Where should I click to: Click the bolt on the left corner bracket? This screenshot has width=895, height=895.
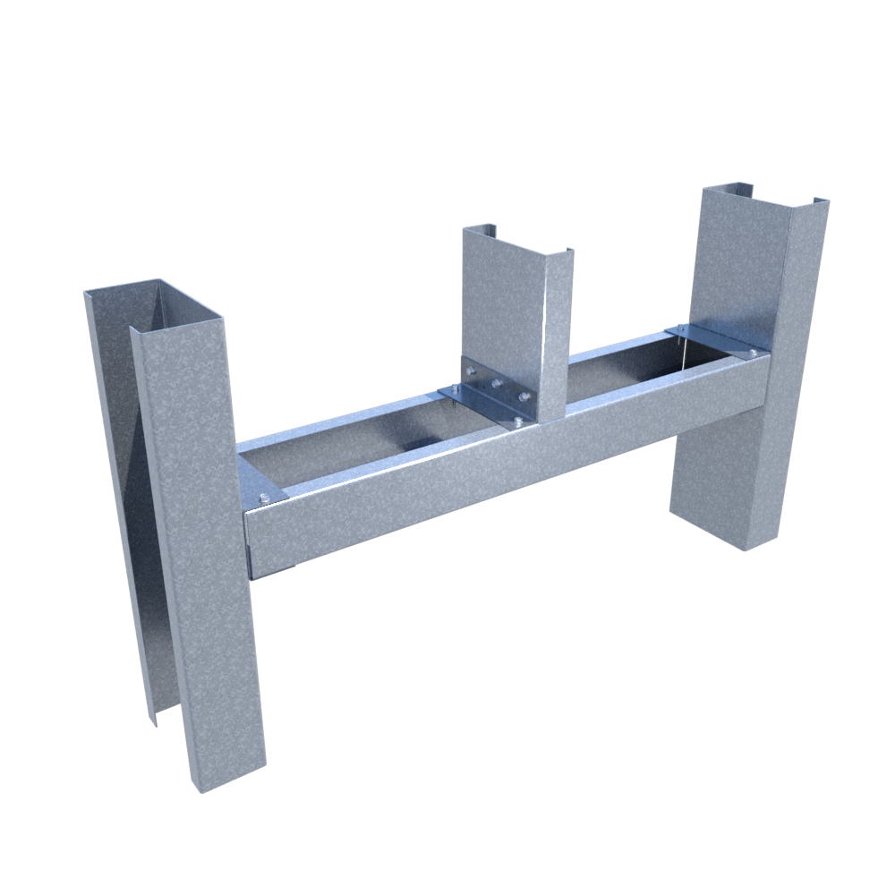point(264,499)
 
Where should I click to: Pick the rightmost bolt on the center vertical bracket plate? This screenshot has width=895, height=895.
point(524,396)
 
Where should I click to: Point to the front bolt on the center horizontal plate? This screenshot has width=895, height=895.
point(517,422)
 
